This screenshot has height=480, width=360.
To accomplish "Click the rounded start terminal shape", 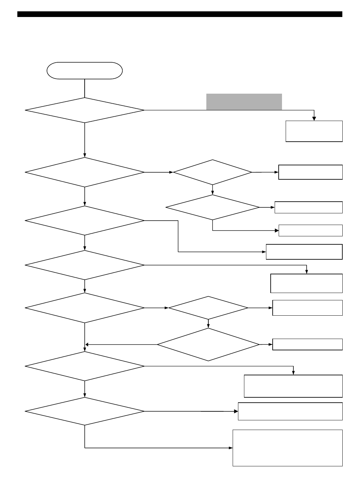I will pos(85,70).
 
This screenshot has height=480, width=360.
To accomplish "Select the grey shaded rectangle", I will pos(244,102).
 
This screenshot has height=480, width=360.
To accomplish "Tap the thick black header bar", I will pos(180,14).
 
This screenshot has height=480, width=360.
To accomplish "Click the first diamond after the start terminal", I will pos(85,110).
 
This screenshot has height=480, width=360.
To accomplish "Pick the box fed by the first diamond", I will pos(314,131).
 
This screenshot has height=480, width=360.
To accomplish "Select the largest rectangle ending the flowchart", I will pos(287,448).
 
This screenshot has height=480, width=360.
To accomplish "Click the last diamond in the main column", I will pos(85,411).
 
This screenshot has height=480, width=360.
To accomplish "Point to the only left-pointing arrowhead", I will pos(87,344).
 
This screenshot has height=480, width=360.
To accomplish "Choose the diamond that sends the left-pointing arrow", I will pos(208,344).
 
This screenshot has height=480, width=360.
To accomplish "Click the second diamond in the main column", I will pos(85,172).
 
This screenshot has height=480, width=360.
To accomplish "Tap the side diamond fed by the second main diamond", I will pos(213,172).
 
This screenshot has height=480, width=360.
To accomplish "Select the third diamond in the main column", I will pos(85,220).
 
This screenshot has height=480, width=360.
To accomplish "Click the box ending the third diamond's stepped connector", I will pos(304,252).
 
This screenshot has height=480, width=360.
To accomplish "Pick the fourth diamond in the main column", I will pos(85,265).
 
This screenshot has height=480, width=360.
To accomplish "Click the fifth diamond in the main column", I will pos(85,308).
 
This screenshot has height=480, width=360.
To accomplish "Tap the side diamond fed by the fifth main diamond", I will pos(208,308).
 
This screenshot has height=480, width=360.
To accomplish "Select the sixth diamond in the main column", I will pos(85,366).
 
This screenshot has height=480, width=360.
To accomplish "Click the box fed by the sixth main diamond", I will pos(293,386).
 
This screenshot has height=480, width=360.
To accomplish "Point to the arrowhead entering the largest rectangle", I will pos(230,448).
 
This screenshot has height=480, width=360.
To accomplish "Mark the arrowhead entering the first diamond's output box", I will pos(314,118).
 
